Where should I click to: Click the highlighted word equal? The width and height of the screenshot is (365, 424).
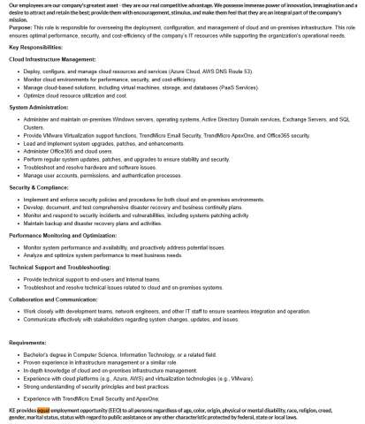[x=43, y=411]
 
